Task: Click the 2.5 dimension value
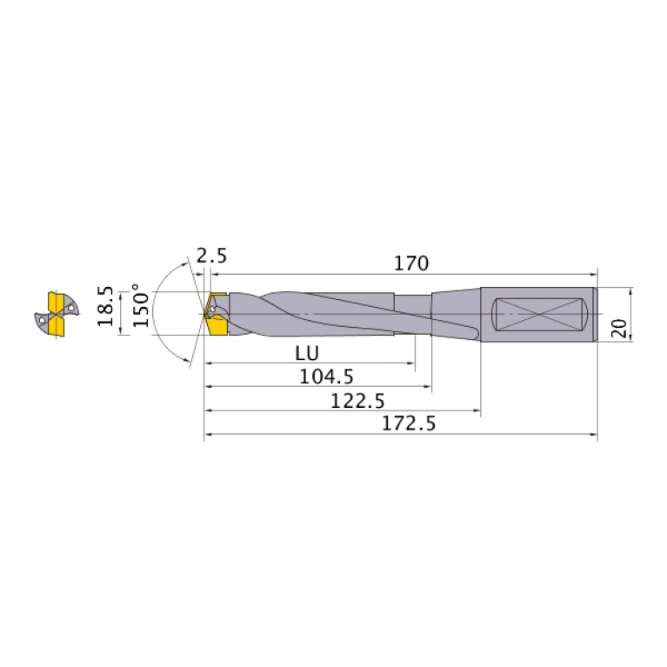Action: pyautogui.click(x=212, y=256)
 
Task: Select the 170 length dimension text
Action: pyautogui.click(x=410, y=262)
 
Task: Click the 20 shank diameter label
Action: pyautogui.click(x=618, y=327)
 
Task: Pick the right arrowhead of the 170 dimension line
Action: pyautogui.click(x=595, y=271)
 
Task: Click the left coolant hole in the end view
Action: pyautogui.click(x=43, y=319)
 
